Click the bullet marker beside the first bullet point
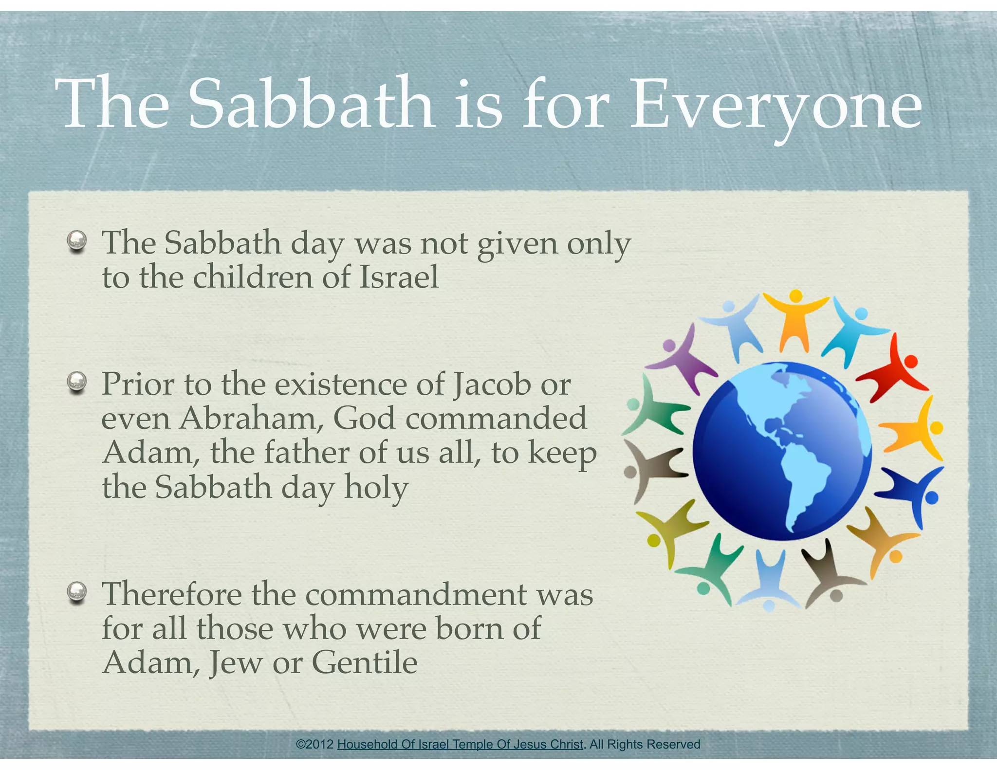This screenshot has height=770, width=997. pyautogui.click(x=77, y=240)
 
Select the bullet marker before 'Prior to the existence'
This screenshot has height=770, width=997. pyautogui.click(x=77, y=382)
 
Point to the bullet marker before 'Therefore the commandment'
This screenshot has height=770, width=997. pyautogui.click(x=77, y=592)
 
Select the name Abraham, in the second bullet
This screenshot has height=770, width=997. pyautogui.click(x=251, y=419)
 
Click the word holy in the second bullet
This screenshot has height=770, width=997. pyautogui.click(x=376, y=488)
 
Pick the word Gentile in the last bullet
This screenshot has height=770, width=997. pyautogui.click(x=364, y=663)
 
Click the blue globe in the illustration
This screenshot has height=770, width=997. pyautogui.click(x=782, y=450)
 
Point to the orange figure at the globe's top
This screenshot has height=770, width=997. pyautogui.click(x=795, y=319)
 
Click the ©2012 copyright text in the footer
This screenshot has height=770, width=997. pyautogui.click(x=315, y=744)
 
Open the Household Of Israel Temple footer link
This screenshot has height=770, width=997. pyautogui.click(x=460, y=744)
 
